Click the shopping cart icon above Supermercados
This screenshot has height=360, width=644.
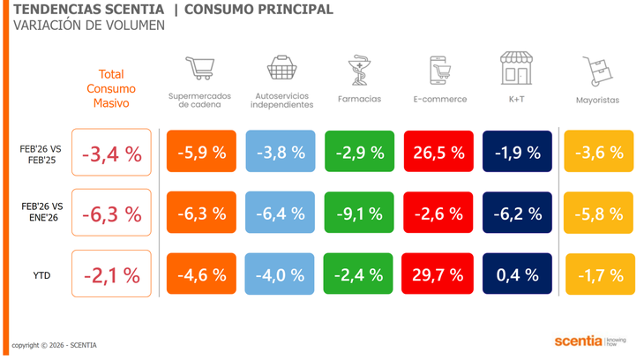coord(199,68)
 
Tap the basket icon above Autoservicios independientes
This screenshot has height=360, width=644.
coord(281,68)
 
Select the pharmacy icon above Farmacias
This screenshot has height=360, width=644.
coord(359,71)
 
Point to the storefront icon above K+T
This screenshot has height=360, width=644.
coord(516,68)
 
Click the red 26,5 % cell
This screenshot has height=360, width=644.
coord(438,152)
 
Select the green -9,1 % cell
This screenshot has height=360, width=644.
coord(359,213)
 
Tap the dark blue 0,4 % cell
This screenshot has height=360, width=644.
coord(517,274)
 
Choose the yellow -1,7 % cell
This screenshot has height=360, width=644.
coord(599,274)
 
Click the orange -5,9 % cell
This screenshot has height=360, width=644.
coord(201,152)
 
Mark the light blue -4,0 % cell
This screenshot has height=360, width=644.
coord(281,274)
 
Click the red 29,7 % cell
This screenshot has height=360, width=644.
coord(438,274)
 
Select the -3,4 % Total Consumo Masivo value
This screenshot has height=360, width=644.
coord(111,153)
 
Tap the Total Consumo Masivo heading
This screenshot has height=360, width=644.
coord(111,89)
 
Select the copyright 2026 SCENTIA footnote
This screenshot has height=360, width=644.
coord(54,345)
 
